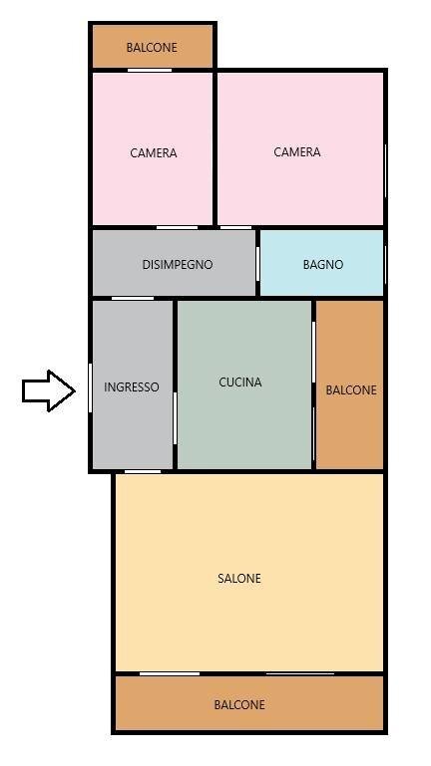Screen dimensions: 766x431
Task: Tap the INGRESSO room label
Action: [x=132, y=387]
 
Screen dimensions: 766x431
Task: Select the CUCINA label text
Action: [x=240, y=382]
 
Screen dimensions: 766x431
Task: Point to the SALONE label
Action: [x=239, y=579]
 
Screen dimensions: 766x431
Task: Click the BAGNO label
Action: [x=323, y=265]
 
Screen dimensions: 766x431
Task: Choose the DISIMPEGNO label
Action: [x=178, y=265]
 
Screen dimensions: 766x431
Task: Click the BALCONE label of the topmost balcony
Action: [x=152, y=48]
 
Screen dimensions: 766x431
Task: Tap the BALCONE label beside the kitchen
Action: [x=351, y=390]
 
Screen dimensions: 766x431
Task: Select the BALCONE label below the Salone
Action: [x=239, y=705]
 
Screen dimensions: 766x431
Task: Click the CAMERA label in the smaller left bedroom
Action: [x=154, y=153]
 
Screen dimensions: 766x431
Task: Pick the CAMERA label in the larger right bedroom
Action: [x=297, y=152]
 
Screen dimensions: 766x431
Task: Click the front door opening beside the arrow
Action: [x=91, y=387]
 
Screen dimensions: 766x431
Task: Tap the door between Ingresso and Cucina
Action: [x=176, y=417]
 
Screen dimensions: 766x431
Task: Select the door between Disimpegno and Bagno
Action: [x=258, y=263]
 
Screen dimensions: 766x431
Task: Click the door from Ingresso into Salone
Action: [x=143, y=471]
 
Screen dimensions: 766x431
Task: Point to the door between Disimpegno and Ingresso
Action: [x=132, y=297]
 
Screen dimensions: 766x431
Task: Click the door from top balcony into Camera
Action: [x=150, y=70]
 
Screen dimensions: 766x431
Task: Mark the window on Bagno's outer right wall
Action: [x=385, y=263]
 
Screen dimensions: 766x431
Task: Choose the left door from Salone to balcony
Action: [x=170, y=674]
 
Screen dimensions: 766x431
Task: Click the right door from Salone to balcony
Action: [x=299, y=674]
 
